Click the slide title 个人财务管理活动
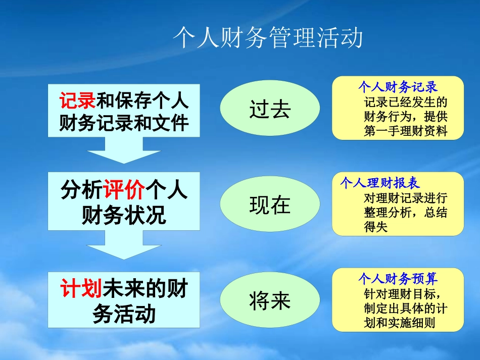267,38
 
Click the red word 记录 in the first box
77,101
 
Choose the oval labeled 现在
270,205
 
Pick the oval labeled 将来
270,301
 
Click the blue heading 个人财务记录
398,86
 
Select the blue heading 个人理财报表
380,182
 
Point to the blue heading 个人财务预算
398,279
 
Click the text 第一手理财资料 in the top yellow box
406,131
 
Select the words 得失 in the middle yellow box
375,227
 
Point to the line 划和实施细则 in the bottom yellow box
399,323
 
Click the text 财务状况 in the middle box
124,216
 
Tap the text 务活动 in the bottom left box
124,314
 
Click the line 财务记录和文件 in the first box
124,123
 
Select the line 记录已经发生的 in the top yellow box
406,101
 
